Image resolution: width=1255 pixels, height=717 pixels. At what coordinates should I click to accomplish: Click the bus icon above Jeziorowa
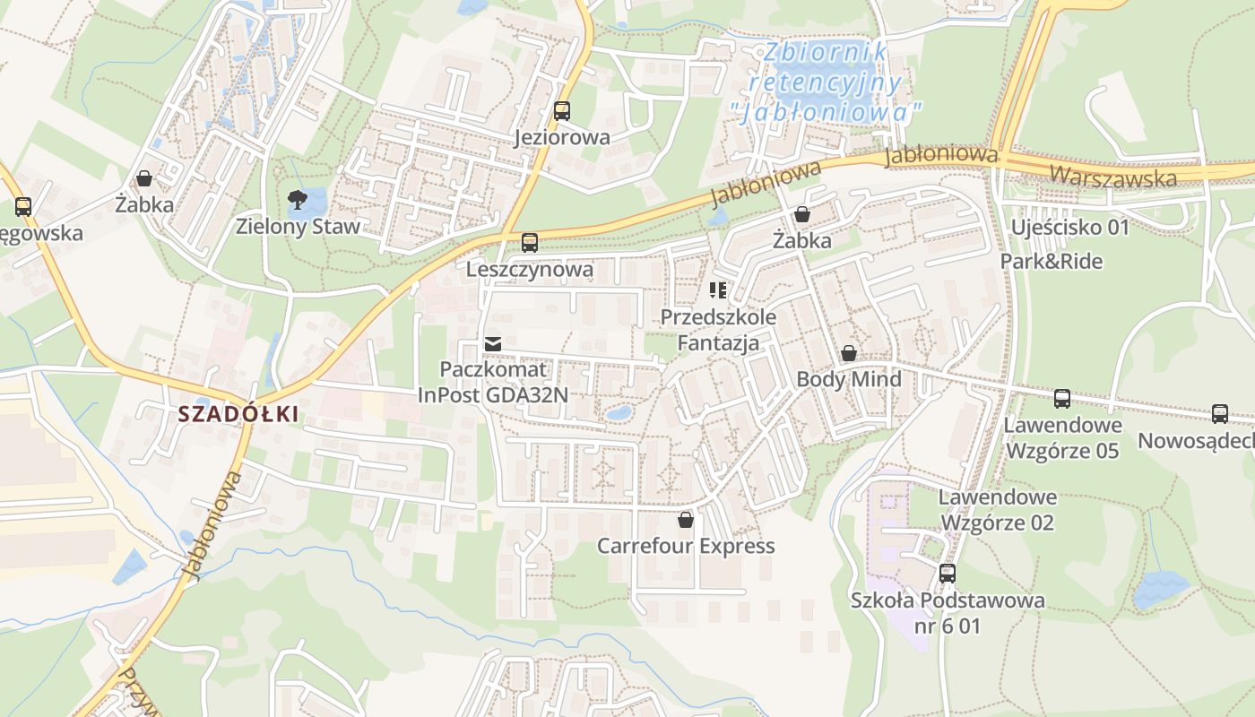(x=561, y=111)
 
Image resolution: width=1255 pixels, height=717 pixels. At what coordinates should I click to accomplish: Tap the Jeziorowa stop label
(x=562, y=137)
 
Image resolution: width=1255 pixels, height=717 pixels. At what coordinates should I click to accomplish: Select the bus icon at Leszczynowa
(x=530, y=243)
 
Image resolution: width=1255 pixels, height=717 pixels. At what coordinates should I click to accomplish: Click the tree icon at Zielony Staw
(x=297, y=199)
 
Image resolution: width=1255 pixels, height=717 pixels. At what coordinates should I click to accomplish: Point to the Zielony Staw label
(x=298, y=226)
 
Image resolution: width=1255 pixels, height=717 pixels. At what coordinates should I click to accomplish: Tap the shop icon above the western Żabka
(x=143, y=178)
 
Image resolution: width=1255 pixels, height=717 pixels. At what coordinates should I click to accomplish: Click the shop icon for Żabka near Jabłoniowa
(x=802, y=214)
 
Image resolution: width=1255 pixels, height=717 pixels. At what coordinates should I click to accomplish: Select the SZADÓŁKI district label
(x=238, y=414)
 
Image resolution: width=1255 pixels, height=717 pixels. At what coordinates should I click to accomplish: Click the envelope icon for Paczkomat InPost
(x=492, y=343)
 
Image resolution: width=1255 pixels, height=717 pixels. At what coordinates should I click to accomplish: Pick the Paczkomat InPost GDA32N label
(x=492, y=382)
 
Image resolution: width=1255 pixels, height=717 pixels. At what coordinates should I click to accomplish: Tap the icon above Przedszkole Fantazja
(x=718, y=289)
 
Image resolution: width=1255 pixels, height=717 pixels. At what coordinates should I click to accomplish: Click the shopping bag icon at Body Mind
(x=848, y=353)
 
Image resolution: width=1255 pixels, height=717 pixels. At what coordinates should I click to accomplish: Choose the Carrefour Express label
(x=686, y=546)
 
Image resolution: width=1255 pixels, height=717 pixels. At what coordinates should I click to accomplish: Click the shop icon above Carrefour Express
(x=686, y=520)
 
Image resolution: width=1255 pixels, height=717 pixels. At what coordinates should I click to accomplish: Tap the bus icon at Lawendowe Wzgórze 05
(x=1062, y=398)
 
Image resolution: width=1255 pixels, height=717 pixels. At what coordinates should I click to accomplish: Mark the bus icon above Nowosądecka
(x=1220, y=414)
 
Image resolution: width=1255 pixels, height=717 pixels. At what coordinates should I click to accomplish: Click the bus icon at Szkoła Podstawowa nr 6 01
(x=948, y=574)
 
